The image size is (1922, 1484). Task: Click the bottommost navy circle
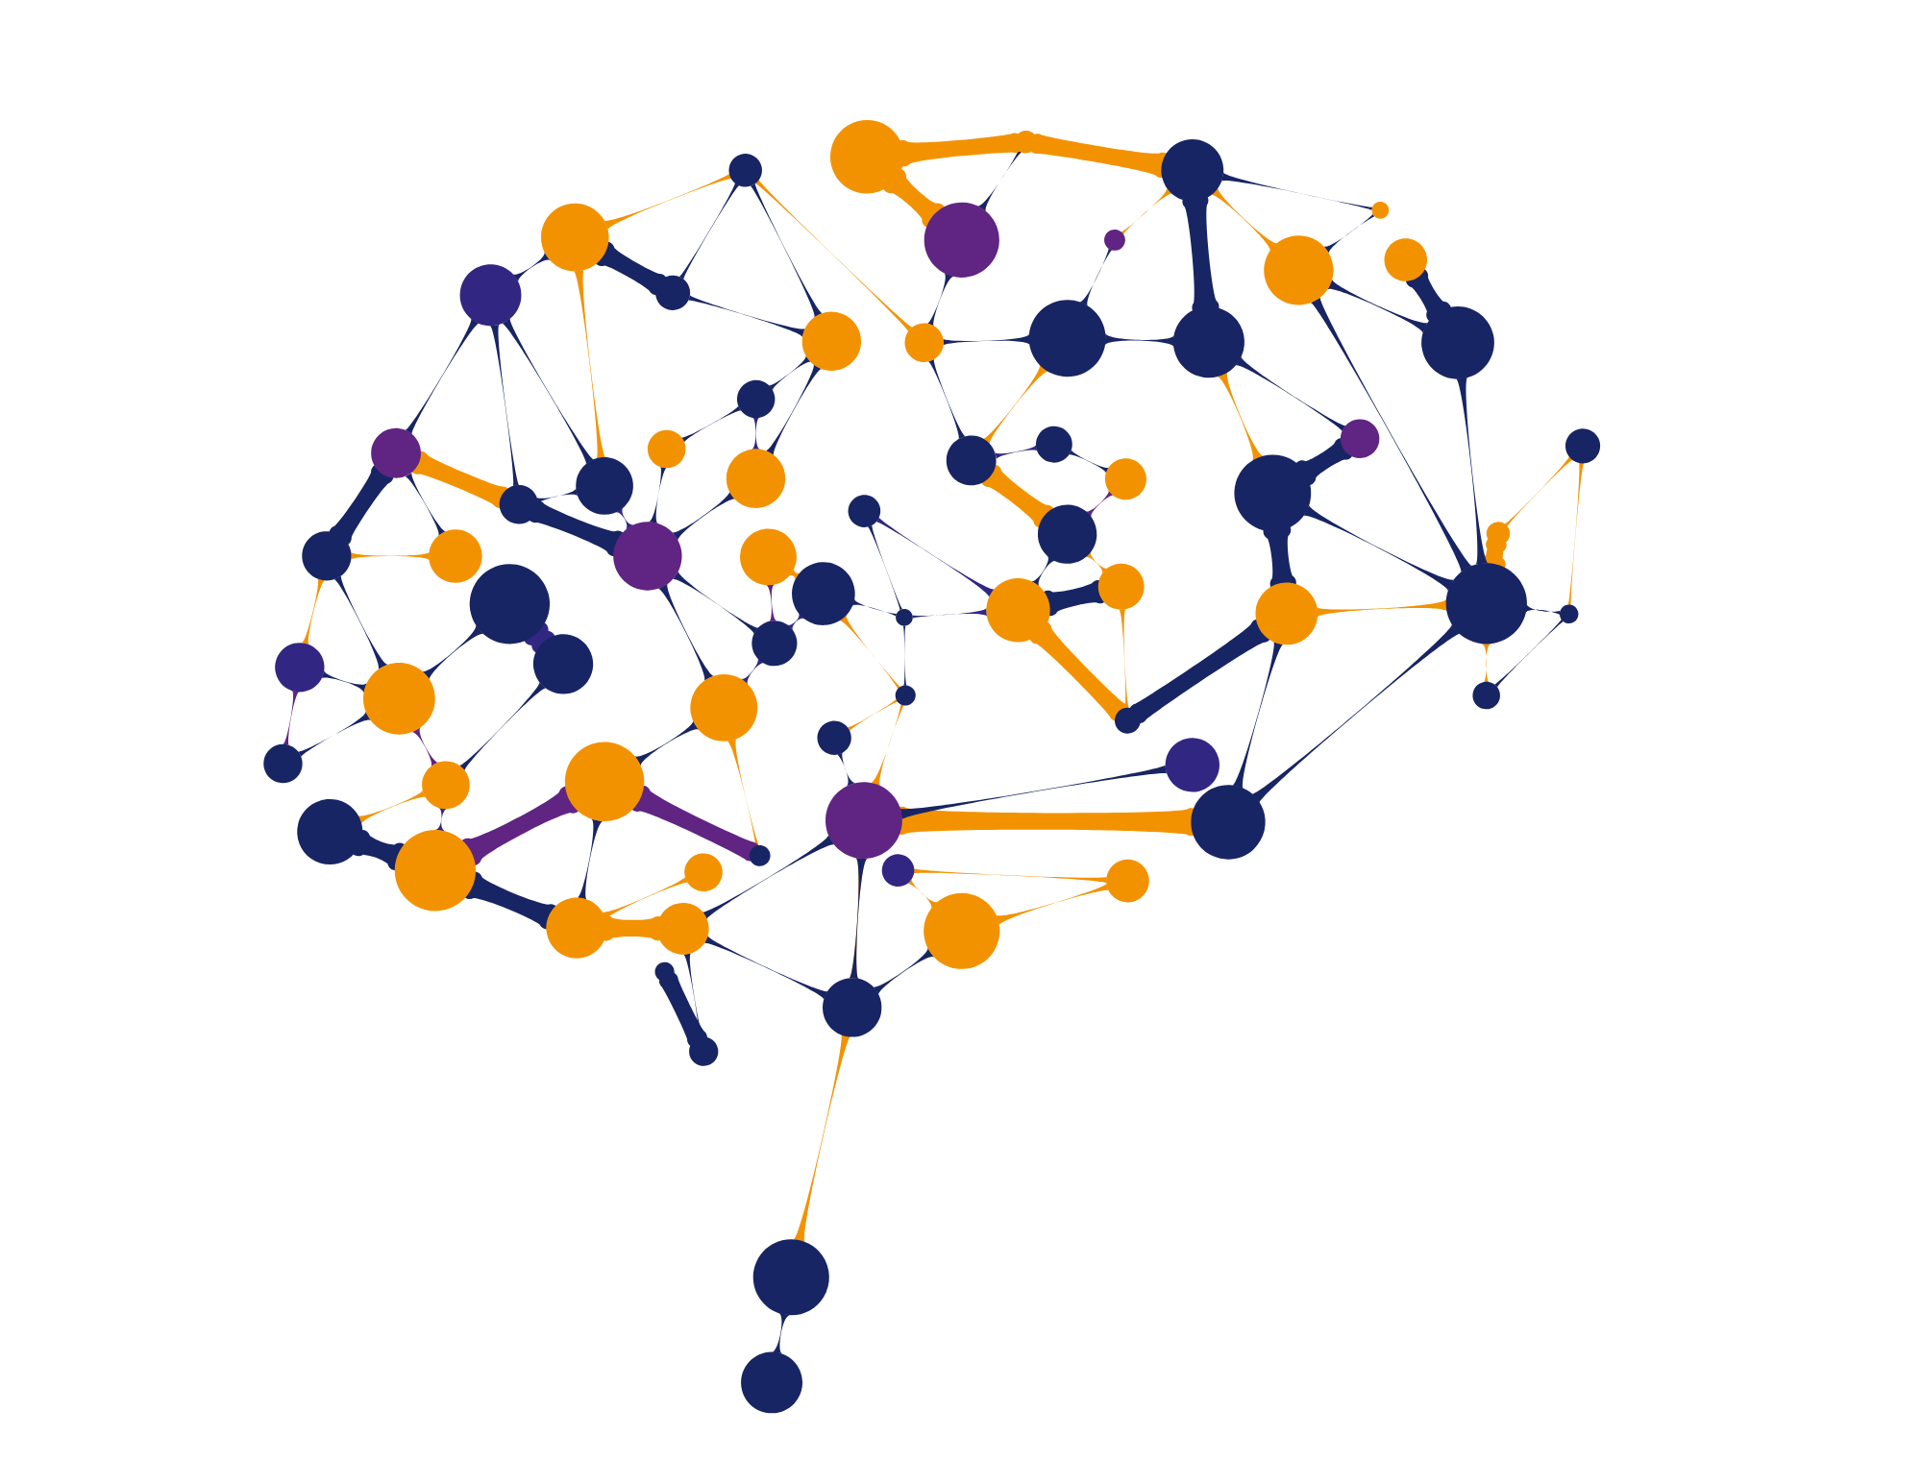click(x=772, y=1382)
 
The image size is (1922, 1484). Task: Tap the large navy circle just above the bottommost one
click(x=791, y=1277)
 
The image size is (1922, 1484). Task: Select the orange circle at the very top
click(x=866, y=157)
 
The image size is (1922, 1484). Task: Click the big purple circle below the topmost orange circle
click(x=961, y=239)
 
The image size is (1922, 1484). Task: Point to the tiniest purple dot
click(x=1115, y=240)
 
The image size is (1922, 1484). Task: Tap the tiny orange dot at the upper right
click(x=1380, y=209)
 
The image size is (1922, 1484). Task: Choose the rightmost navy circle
click(x=1583, y=446)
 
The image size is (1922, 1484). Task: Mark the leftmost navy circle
click(x=283, y=764)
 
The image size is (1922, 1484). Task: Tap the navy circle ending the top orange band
click(x=1192, y=170)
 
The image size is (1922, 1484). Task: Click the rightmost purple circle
click(x=1360, y=438)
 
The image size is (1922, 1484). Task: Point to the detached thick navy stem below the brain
click(x=684, y=1011)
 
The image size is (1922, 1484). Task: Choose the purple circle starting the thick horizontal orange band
click(x=863, y=820)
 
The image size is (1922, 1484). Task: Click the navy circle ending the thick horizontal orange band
click(x=1228, y=822)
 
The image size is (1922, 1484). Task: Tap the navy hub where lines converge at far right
click(x=1486, y=603)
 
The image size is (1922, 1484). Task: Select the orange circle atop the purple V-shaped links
click(x=604, y=781)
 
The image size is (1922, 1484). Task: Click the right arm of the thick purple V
click(x=702, y=826)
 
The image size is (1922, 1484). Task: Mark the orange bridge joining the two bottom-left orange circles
click(x=630, y=927)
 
